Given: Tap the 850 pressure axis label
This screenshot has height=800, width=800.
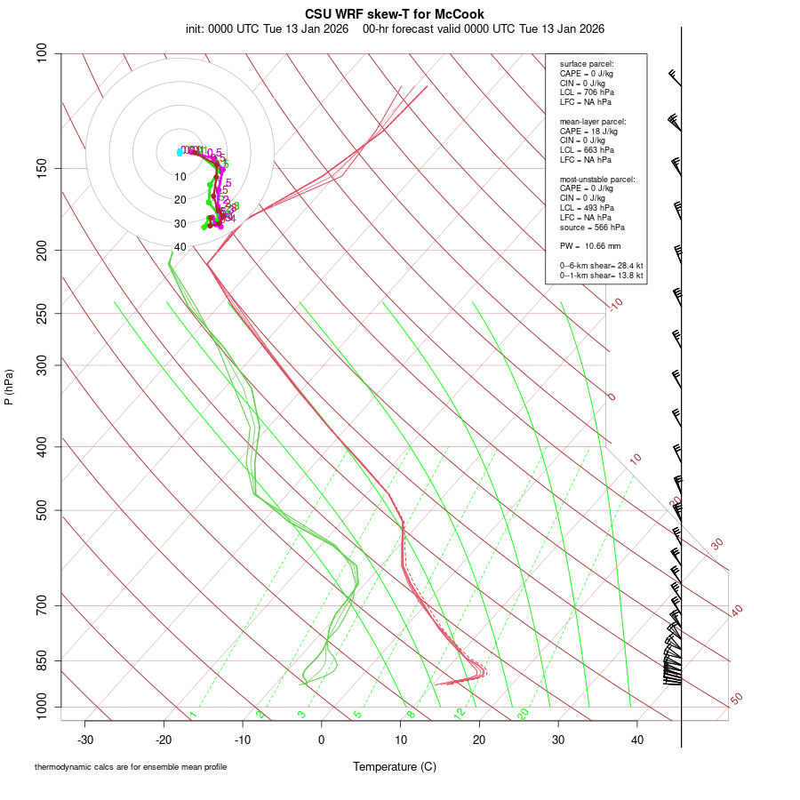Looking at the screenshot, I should (42, 660).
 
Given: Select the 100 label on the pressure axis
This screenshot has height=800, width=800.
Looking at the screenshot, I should (42, 53).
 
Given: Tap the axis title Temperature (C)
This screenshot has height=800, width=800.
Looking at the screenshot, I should (395, 766).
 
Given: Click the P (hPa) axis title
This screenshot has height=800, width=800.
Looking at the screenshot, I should (9, 388).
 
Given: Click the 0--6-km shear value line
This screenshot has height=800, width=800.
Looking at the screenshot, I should (602, 266).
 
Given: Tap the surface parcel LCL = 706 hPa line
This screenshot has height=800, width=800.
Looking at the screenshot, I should (587, 92).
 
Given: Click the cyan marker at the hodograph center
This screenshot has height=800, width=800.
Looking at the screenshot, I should (180, 152).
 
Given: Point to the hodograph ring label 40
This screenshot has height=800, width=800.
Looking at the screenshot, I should (180, 247).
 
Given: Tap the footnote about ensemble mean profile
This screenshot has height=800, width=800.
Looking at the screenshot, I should (131, 766).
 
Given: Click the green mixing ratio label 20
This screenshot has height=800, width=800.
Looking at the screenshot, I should (524, 714).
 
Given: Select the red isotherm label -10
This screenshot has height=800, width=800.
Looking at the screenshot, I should (614, 304).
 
